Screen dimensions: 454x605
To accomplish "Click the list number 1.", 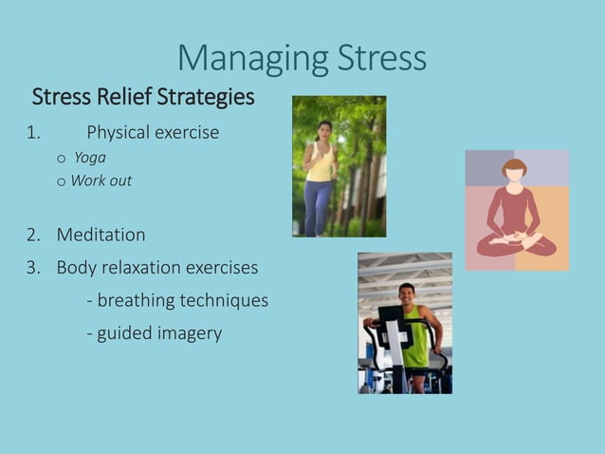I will (x=32, y=133).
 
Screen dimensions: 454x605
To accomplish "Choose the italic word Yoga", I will (x=90, y=158).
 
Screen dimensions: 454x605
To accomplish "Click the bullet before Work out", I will (x=62, y=181).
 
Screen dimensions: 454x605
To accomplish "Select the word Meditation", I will (x=101, y=235).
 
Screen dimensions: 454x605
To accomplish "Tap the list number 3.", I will (x=32, y=268).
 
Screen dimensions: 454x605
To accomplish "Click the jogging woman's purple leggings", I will (x=318, y=204).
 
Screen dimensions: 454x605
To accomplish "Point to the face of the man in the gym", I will (x=408, y=294).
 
